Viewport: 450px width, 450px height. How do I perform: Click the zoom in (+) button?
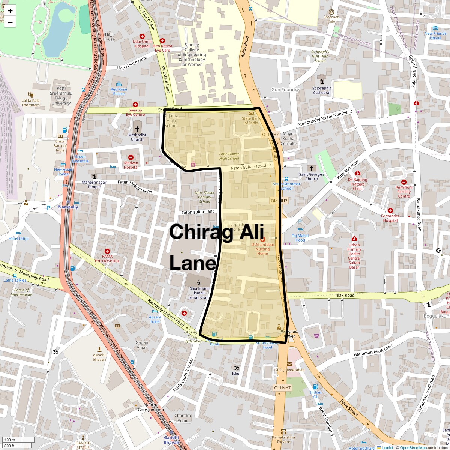point(10,11)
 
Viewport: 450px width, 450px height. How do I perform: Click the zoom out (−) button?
point(10,22)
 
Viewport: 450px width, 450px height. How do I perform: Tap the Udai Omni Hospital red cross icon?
point(142,36)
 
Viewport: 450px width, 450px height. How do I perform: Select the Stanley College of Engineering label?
point(192,54)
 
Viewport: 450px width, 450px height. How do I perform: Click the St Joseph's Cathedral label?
point(322,90)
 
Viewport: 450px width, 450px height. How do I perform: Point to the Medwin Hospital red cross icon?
point(131,157)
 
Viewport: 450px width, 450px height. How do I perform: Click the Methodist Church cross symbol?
point(137,129)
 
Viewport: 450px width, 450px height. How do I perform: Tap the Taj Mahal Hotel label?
point(300,238)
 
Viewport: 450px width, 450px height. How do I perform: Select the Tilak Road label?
point(345,295)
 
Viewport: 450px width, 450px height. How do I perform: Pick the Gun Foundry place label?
point(285,90)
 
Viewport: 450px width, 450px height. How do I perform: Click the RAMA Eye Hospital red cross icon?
point(107,251)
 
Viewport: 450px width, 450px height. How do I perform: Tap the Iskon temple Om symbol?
point(237,367)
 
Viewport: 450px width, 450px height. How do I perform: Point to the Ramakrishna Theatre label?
point(283,439)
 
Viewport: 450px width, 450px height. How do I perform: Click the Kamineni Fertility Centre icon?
point(404,182)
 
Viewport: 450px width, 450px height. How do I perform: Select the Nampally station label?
point(69,207)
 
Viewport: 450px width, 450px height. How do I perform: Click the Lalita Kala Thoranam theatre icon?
point(31,95)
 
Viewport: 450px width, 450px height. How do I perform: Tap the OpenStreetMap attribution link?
point(413,447)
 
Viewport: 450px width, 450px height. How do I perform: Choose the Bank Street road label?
point(349,408)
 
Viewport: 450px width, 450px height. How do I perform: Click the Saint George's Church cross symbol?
point(311,168)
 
